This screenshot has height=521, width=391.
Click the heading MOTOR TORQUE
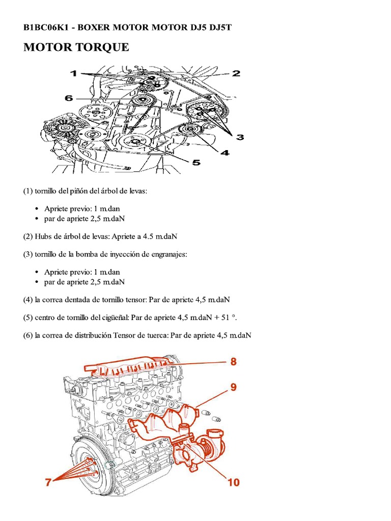tap(76, 48)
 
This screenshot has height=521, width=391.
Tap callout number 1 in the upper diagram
tap(74, 74)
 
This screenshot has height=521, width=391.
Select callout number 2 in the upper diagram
tap(236, 73)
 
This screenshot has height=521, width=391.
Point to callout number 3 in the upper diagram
tap(239, 136)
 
